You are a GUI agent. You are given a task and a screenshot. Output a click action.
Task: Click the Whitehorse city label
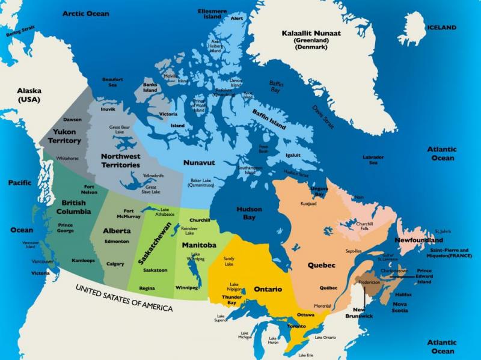(x=67, y=158)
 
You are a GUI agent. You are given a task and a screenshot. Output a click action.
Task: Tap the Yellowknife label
(x=153, y=175)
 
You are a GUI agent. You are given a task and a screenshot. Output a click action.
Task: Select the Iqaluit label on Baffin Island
(x=293, y=154)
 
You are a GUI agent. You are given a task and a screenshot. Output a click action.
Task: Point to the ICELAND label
(x=442, y=28)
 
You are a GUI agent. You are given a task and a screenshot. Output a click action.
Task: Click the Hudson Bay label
(x=249, y=213)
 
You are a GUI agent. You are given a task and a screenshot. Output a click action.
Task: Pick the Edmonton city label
(x=117, y=241)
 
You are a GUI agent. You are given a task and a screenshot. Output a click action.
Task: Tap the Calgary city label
(x=115, y=264)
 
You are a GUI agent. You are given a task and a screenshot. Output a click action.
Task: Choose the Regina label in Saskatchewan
(x=147, y=288)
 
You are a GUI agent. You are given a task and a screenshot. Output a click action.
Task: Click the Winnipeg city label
(x=186, y=287)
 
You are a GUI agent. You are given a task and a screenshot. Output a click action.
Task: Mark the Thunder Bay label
(x=231, y=300)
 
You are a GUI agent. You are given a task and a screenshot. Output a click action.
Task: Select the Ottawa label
(x=305, y=314)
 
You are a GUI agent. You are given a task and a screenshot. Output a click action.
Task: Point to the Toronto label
(x=296, y=326)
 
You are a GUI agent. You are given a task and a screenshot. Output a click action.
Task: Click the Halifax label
(x=403, y=294)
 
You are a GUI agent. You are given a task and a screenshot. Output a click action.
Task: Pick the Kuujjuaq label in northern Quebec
(x=308, y=204)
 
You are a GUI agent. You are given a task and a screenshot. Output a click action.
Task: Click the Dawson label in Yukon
(x=72, y=119)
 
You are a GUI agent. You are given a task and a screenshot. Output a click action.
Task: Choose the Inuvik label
(x=108, y=109)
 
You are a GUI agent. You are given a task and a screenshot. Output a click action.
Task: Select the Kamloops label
(x=83, y=260)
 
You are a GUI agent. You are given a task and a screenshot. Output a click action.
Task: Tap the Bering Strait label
(x=20, y=31)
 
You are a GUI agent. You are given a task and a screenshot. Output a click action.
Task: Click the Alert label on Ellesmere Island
(x=237, y=18)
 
